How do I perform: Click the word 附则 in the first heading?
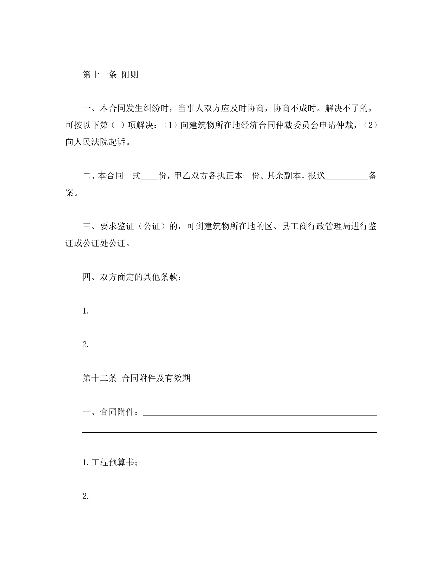click(130, 75)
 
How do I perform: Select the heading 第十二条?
click(99, 378)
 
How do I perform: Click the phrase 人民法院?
click(87, 142)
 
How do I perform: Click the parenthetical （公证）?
click(152, 226)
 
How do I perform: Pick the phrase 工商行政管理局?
click(316, 226)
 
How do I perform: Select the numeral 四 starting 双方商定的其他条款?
click(86, 277)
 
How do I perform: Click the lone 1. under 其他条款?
click(86, 311)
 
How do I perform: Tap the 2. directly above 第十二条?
click(86, 345)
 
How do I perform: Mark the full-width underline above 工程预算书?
click(229, 432)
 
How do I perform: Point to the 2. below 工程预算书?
click(86, 496)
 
